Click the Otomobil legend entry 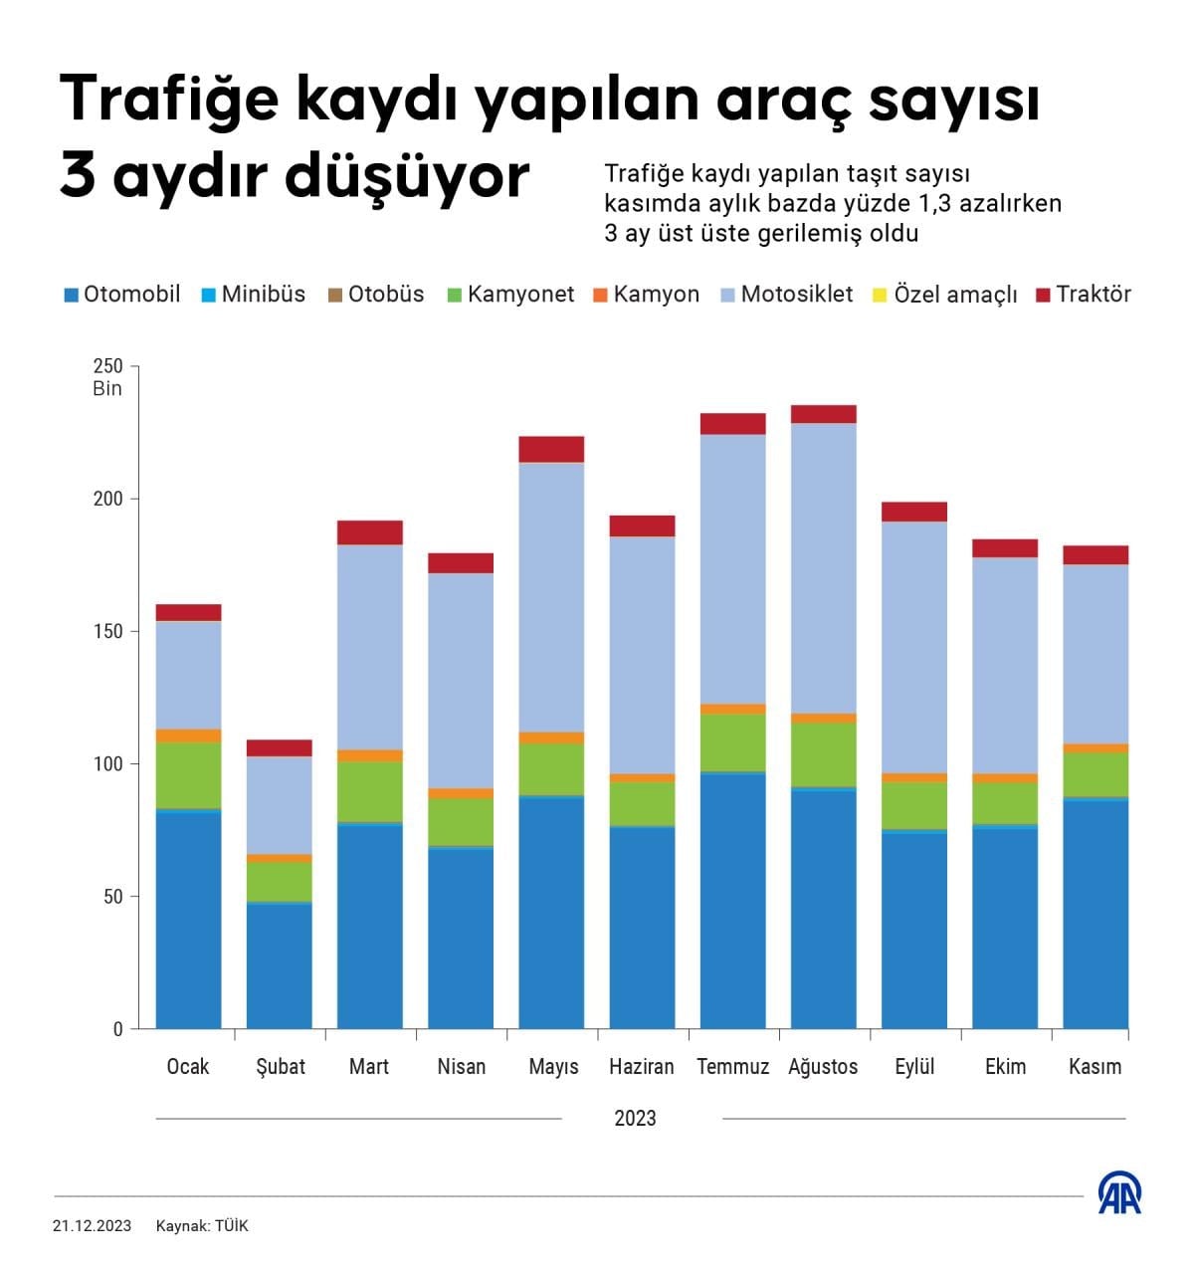click(x=122, y=295)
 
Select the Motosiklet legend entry click(x=786, y=295)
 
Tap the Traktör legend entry click(x=1084, y=295)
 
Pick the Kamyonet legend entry click(x=510, y=295)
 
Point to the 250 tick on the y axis click(x=107, y=367)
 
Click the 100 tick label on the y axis click(x=107, y=764)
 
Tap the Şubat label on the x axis click(x=280, y=1067)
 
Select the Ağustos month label click(x=823, y=1067)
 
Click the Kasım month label click(x=1094, y=1067)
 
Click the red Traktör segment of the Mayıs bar click(x=551, y=449)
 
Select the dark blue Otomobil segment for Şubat click(x=280, y=965)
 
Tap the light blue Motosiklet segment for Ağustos click(x=824, y=567)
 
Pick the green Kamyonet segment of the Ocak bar click(x=188, y=775)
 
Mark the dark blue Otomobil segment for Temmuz click(x=733, y=901)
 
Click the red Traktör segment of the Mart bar click(x=370, y=532)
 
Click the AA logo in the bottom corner click(x=1119, y=1193)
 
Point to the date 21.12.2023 click(x=92, y=1226)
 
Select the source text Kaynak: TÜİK click(x=202, y=1226)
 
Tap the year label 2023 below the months click(x=635, y=1119)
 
